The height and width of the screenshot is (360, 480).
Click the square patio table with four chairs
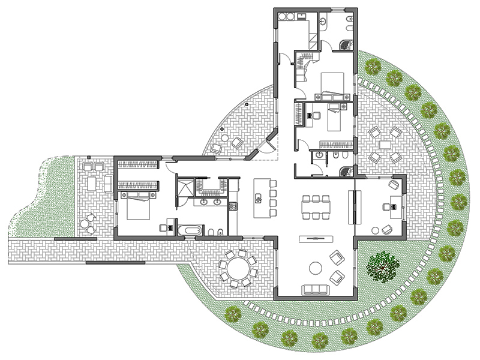coord(385,145)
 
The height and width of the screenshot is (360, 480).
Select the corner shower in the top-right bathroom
coord(347,44)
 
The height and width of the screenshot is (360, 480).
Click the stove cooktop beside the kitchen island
coord(233,206)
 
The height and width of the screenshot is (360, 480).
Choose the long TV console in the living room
coord(316,238)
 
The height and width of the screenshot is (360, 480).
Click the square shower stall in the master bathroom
coord(185,187)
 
